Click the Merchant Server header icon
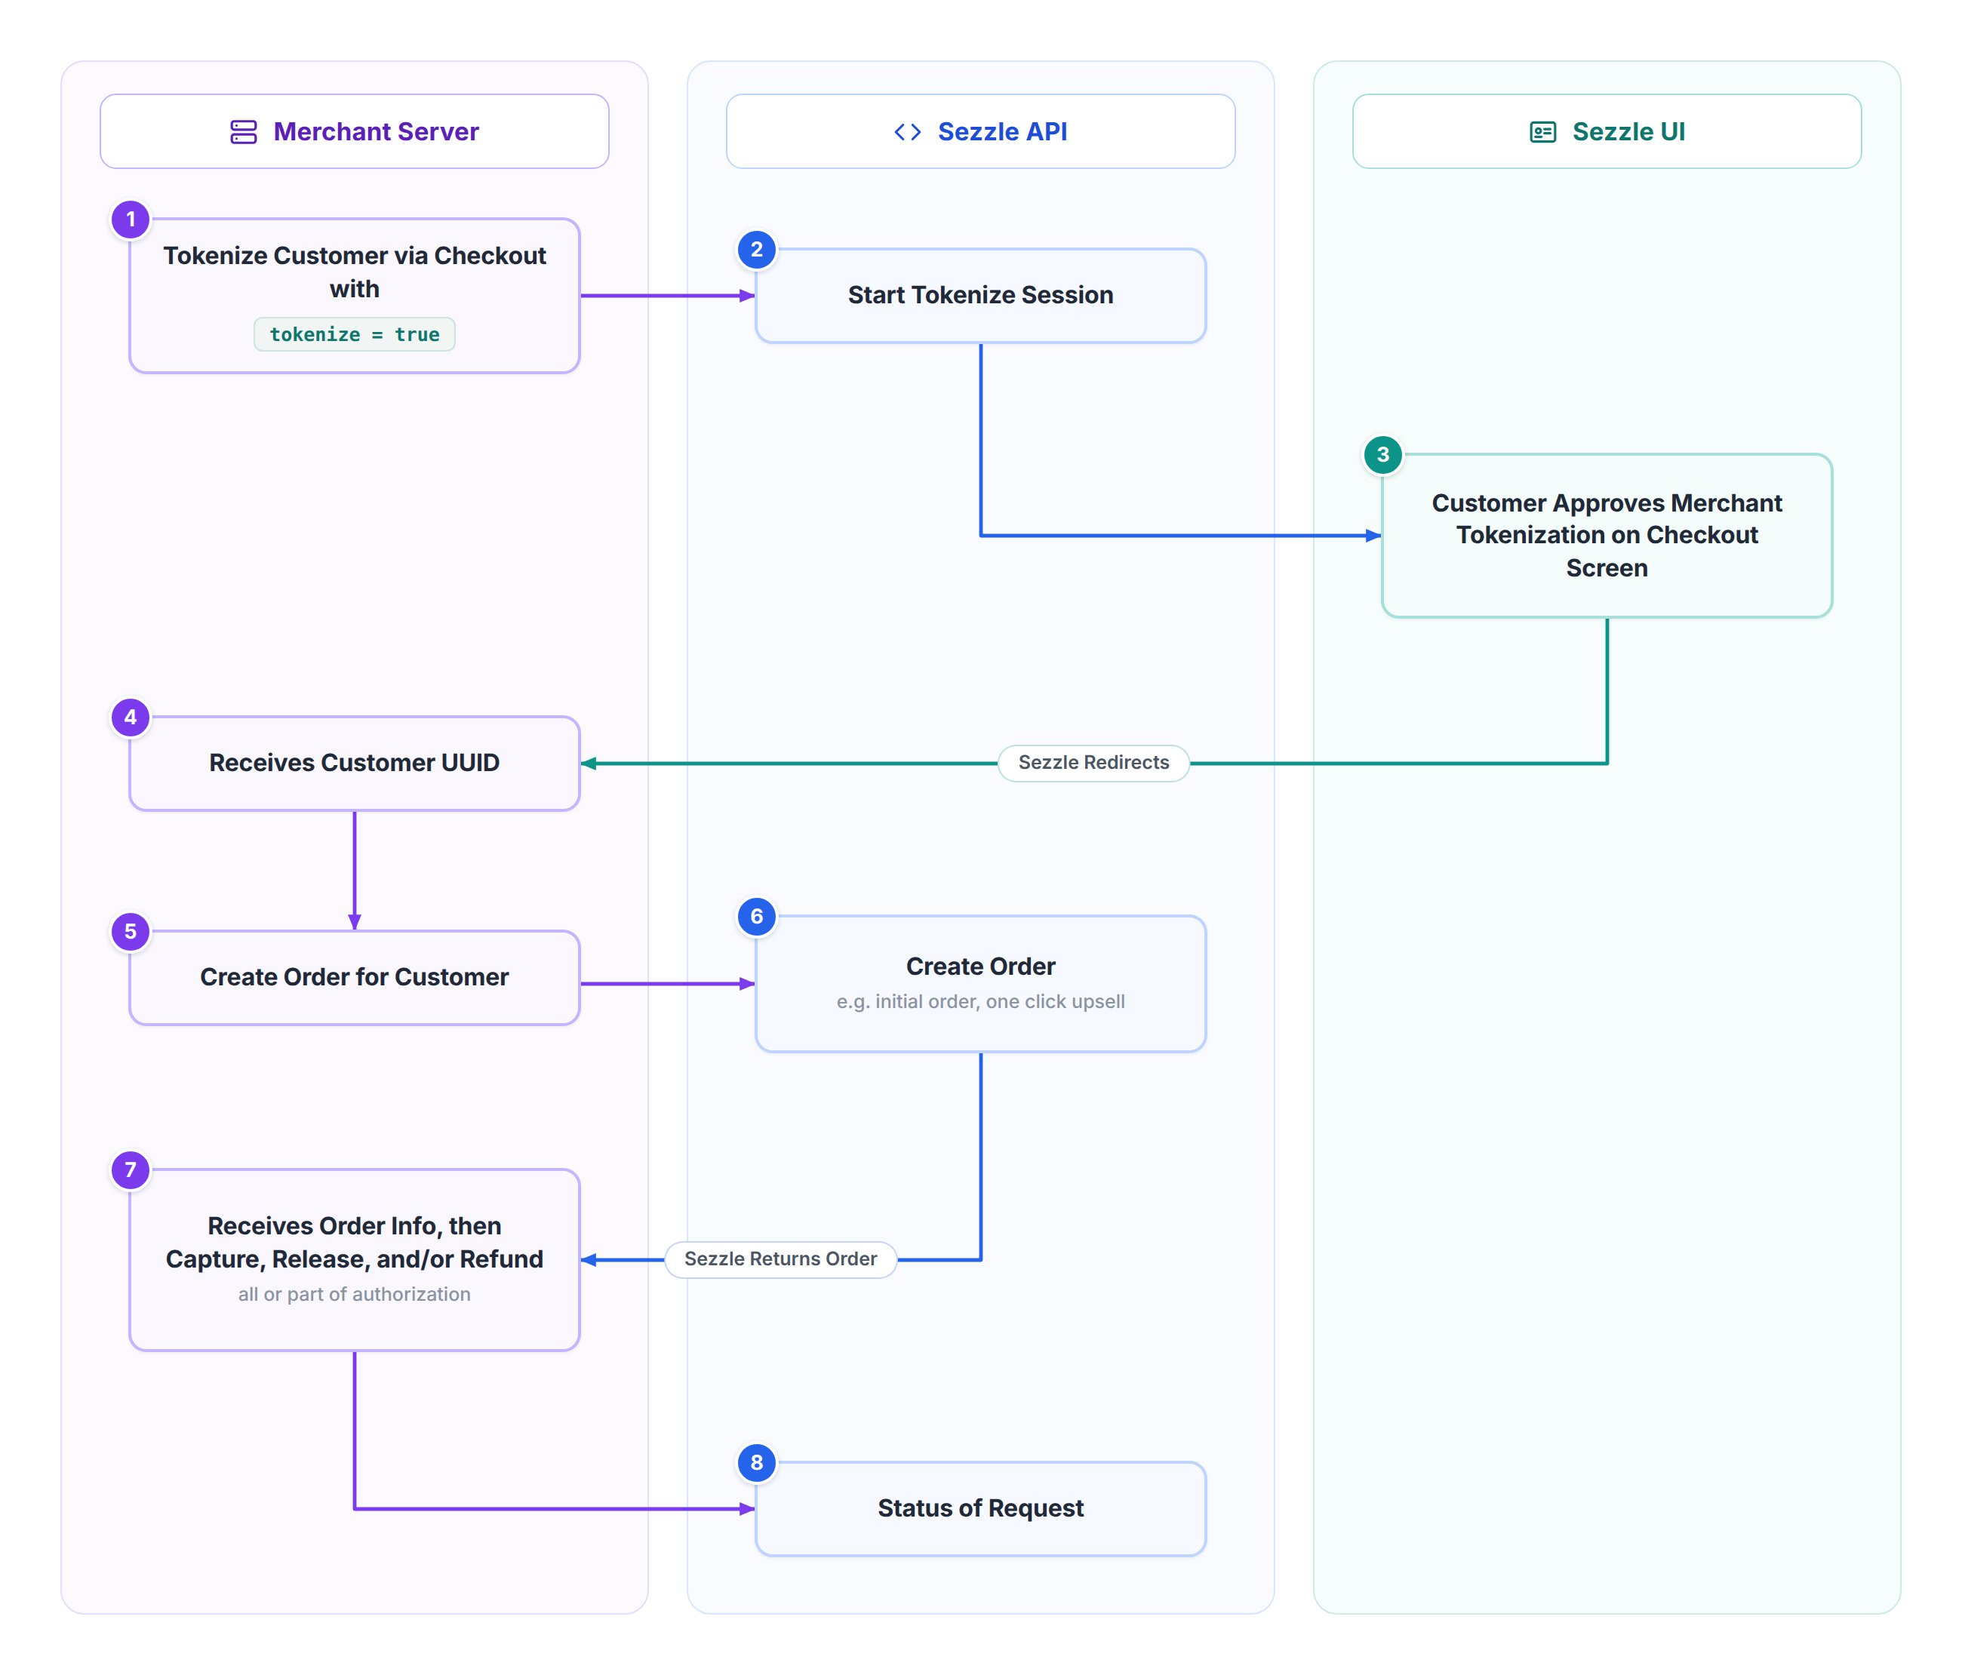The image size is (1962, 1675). pyautogui.click(x=243, y=131)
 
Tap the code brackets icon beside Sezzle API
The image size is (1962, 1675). pyautogui.click(x=907, y=131)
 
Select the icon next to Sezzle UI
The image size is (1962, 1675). pyautogui.click(x=1542, y=131)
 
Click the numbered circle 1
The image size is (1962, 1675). pyautogui.click(x=131, y=220)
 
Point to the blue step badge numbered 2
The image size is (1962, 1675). pyautogui.click(x=757, y=250)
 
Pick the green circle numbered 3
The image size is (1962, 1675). pyautogui.click(x=1382, y=454)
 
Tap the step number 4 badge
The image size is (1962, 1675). pyautogui.click(x=131, y=718)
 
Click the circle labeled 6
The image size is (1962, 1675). pyautogui.click(x=757, y=917)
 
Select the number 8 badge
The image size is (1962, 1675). pyautogui.click(x=757, y=1463)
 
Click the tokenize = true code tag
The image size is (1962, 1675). pyautogui.click(x=354, y=334)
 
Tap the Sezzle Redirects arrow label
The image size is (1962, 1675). pyautogui.click(x=1093, y=763)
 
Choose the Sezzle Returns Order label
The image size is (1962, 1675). pyautogui.click(x=780, y=1259)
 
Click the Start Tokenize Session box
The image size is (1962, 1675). pyautogui.click(x=980, y=296)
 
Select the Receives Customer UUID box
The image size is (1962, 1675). pyautogui.click(x=354, y=763)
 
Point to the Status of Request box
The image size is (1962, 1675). pyautogui.click(x=980, y=1508)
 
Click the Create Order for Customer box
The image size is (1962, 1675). pyautogui.click(x=354, y=977)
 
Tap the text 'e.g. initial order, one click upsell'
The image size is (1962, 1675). pyautogui.click(x=980, y=1002)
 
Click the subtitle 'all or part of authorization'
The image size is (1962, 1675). pyautogui.click(x=354, y=1295)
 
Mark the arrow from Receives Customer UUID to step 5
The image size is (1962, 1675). pyautogui.click(x=354, y=870)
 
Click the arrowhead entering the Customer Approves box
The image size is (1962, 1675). pyautogui.click(x=1374, y=536)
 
